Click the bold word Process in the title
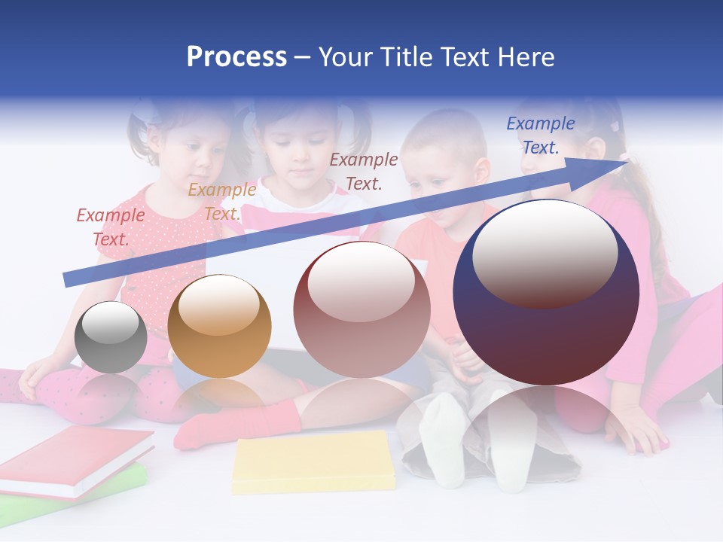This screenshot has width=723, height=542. tap(236, 57)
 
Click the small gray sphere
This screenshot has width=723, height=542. tap(111, 339)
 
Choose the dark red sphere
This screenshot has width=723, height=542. tap(361, 310)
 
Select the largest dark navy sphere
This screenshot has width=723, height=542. tap(546, 294)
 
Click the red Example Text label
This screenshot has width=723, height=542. tap(111, 227)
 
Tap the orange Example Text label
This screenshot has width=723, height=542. tap(222, 202)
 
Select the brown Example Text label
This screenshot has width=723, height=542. tap(364, 171)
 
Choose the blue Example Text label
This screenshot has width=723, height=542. tap(541, 135)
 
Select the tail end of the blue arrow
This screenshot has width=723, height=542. tap(68, 279)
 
